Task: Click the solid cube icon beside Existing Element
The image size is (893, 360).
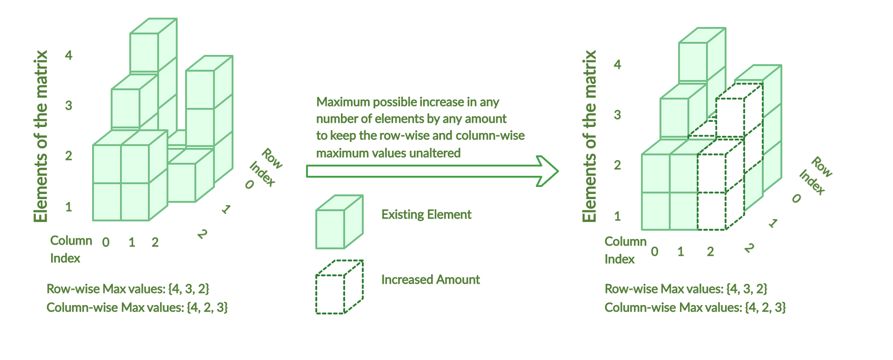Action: pyautogui.click(x=339, y=222)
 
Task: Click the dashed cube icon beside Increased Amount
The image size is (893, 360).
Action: pyautogui.click(x=339, y=287)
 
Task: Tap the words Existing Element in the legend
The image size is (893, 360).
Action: pyautogui.click(x=426, y=214)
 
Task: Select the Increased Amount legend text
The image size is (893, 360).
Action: pyautogui.click(x=430, y=280)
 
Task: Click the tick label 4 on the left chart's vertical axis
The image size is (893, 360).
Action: pyautogui.click(x=69, y=55)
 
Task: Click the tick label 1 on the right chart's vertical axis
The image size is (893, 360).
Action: pyautogui.click(x=617, y=216)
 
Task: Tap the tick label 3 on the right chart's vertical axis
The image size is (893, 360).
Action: pyautogui.click(x=617, y=115)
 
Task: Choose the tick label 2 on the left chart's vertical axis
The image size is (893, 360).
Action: pyautogui.click(x=69, y=156)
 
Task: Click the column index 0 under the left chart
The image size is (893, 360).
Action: pyautogui.click(x=106, y=242)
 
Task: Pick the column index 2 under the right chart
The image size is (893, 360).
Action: pyautogui.click(x=710, y=252)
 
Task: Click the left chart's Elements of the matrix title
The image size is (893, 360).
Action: pyautogui.click(x=41, y=136)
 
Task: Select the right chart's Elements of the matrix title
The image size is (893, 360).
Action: pyautogui.click(x=589, y=136)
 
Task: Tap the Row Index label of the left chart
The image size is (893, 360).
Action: pyautogui.click(x=266, y=168)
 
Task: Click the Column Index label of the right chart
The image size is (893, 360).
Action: pyautogui.click(x=625, y=250)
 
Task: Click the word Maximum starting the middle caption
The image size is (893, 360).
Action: pyautogui.click(x=343, y=102)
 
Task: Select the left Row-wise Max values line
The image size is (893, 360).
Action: pyautogui.click(x=128, y=289)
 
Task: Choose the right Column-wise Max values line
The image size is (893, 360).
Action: pyautogui.click(x=695, y=307)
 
